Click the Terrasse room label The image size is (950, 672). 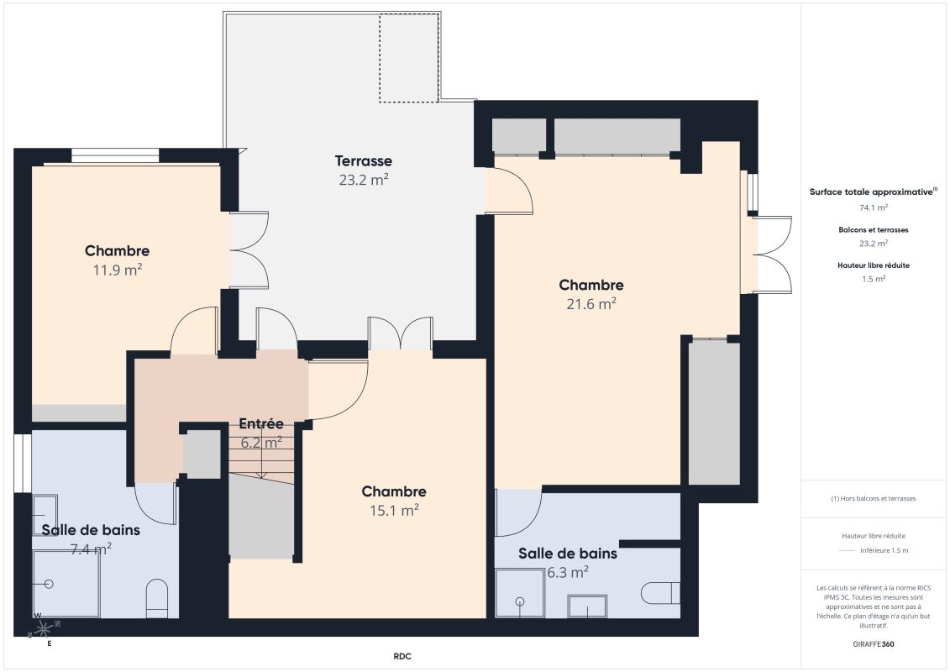[x=363, y=160]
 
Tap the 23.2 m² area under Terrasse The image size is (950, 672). [x=363, y=179]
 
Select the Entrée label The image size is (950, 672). [x=261, y=423]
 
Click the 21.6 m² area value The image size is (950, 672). [x=591, y=304]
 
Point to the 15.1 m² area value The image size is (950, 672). [x=394, y=510]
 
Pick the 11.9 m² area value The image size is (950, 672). [x=117, y=270]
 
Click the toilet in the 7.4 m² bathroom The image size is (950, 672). [x=157, y=597]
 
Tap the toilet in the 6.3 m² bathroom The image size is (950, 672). [x=660, y=592]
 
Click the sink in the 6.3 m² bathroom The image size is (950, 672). [x=587, y=606]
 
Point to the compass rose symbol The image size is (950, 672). [x=44, y=627]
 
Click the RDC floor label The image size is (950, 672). [x=402, y=656]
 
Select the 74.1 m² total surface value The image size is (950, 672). [x=874, y=207]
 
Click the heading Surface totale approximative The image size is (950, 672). [x=871, y=192]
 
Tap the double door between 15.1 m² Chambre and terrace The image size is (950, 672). [x=401, y=334]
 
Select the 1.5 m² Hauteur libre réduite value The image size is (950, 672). [x=874, y=278]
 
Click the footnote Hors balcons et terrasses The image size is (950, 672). [x=874, y=498]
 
